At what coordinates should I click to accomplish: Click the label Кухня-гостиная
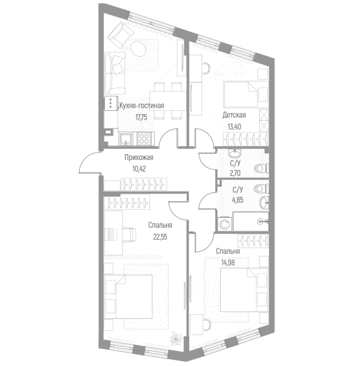pos(142,106)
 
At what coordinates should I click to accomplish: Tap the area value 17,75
pos(142,118)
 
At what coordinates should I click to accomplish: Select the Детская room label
pos(234,115)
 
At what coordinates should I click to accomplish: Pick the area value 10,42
pos(138,168)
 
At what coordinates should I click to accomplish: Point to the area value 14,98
pos(228,263)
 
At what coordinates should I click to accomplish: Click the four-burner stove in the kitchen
pos(144,139)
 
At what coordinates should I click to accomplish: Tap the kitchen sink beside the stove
pos(126,139)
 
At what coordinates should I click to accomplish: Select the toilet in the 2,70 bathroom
pos(261,168)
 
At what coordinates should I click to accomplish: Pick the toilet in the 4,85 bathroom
pos(262,187)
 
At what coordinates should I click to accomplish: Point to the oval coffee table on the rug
pos(139,50)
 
